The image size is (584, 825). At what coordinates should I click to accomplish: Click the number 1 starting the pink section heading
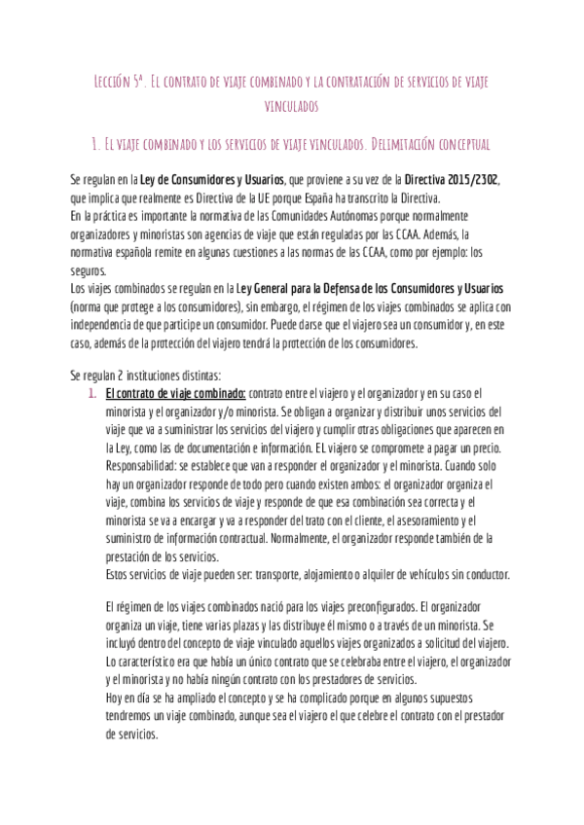(91, 144)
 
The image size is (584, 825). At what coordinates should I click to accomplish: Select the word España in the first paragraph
(328, 197)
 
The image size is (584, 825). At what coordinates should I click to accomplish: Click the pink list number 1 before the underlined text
(91, 394)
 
